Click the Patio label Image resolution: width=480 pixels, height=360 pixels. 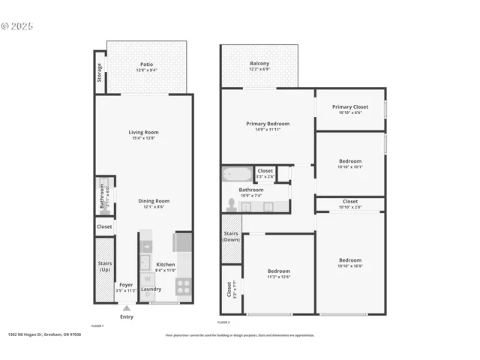pos(147,64)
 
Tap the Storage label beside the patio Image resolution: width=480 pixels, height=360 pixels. pos(99,73)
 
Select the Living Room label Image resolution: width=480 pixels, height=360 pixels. pos(143,133)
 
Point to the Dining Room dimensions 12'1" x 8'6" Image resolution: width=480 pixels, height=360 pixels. pos(153,208)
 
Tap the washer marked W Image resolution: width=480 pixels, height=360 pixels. pos(147,279)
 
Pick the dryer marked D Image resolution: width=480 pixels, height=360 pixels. pos(147,295)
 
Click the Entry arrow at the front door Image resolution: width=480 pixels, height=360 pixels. pos(126,307)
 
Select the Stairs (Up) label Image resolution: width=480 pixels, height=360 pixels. pos(105,266)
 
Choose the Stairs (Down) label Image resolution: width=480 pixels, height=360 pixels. pos(231,237)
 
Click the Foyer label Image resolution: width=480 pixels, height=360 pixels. pos(126,285)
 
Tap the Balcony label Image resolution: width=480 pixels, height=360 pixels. pos(259,64)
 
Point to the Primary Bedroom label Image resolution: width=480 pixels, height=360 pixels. pos(268,124)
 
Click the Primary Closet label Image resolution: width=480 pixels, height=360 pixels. pos(349,107)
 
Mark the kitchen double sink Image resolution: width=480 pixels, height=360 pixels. pos(147,254)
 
